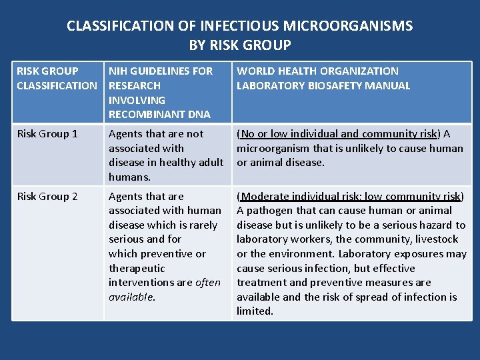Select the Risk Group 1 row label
47,134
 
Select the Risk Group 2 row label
47,197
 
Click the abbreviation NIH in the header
119,71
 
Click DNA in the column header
198,115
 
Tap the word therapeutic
137,269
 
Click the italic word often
208,283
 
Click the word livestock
435,239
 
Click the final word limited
255,311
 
